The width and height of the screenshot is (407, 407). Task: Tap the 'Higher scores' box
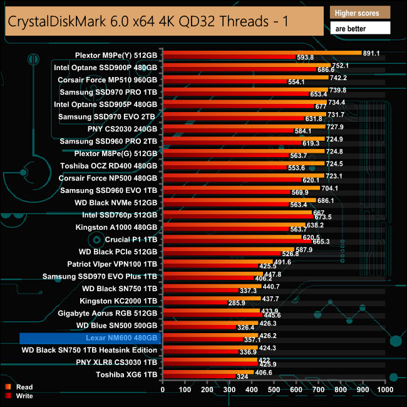click(359, 13)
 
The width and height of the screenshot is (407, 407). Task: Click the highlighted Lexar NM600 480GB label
click(91, 338)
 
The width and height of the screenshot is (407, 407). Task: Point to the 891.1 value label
click(373, 53)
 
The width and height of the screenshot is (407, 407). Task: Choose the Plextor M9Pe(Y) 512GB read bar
click(262, 53)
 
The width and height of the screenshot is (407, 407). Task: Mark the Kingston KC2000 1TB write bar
click(194, 303)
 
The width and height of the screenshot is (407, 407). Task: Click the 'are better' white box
click(359, 28)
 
